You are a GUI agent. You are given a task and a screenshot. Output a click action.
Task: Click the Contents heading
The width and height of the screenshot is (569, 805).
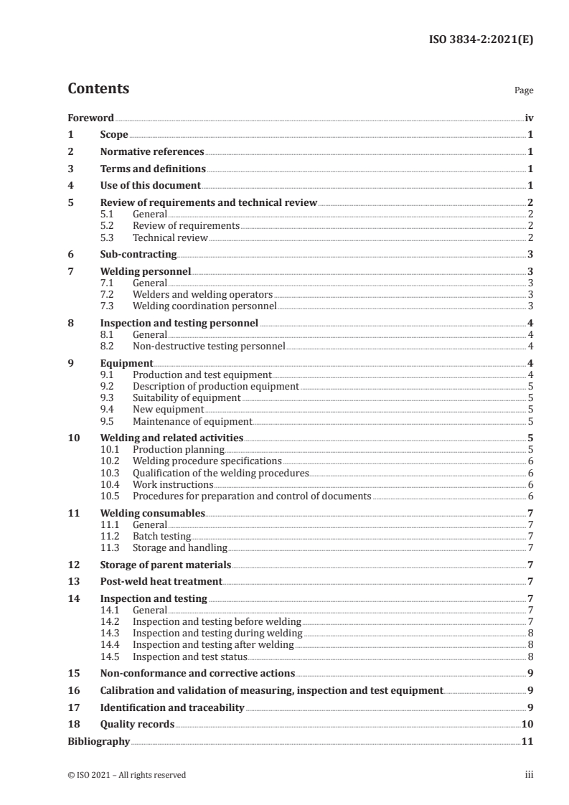(x=98, y=89)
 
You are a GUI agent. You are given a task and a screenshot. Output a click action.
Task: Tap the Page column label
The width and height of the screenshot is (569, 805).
(x=524, y=91)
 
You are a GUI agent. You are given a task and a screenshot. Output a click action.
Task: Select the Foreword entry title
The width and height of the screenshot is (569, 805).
(x=90, y=118)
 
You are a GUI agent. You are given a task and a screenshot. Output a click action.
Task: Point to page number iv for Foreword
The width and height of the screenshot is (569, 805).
(x=528, y=118)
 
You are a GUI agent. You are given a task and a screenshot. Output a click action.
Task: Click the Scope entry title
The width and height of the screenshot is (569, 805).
(x=114, y=135)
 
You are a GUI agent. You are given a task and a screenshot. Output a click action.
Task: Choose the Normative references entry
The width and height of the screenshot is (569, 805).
(x=152, y=152)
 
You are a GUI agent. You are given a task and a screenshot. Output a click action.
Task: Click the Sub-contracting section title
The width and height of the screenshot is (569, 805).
(x=138, y=254)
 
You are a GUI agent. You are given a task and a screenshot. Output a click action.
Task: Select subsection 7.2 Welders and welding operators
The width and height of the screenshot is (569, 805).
(x=202, y=294)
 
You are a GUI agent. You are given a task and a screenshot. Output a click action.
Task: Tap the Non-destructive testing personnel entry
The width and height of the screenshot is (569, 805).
(x=209, y=347)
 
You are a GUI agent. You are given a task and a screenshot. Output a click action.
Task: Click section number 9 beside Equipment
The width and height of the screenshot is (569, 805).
(x=70, y=364)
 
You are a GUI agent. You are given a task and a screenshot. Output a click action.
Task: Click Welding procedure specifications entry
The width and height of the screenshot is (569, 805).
(x=207, y=461)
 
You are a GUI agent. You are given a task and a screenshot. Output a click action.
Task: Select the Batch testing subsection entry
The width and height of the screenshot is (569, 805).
(x=161, y=536)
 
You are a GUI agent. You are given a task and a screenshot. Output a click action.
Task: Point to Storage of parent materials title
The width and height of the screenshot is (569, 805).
(x=165, y=565)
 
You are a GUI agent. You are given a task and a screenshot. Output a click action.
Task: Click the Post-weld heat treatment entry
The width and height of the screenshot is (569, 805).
(x=161, y=581)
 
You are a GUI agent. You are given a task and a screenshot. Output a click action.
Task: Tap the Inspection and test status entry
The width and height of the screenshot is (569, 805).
(x=190, y=656)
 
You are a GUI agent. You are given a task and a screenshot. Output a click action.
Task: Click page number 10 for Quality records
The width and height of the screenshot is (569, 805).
(x=527, y=725)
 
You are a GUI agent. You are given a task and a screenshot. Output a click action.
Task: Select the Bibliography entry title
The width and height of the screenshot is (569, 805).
(x=98, y=741)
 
